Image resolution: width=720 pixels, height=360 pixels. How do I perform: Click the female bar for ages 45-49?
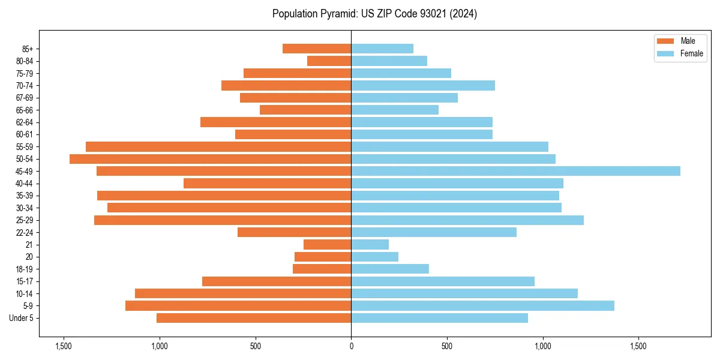point(515,171)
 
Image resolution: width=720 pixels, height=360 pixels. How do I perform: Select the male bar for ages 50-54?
point(210,159)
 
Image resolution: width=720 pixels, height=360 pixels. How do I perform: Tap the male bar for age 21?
point(327,245)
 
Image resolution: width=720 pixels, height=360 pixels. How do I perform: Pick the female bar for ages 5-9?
point(482,306)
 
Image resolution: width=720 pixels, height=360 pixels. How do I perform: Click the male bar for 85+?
point(317,49)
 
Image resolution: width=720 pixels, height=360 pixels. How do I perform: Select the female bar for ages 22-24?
point(434,232)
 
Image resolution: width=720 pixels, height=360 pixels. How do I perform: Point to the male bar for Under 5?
point(254,318)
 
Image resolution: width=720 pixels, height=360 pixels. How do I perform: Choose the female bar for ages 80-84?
point(389,61)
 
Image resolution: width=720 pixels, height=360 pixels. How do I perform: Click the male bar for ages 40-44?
point(267,184)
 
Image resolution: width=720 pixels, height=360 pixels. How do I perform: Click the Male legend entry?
point(688,41)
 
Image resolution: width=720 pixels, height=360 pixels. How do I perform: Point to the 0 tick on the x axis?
point(351,346)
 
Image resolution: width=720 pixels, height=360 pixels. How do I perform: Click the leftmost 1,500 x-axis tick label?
point(64,346)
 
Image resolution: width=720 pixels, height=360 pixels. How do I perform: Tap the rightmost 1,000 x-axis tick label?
point(542,346)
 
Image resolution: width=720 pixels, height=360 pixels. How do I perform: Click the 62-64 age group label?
point(24,122)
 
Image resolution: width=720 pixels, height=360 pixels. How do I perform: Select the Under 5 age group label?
point(21,318)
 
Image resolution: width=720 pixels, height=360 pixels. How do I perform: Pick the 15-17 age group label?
point(24,281)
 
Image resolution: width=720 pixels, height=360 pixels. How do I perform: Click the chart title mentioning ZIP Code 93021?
point(374,14)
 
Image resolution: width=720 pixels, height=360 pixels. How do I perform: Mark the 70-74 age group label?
point(24,85)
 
